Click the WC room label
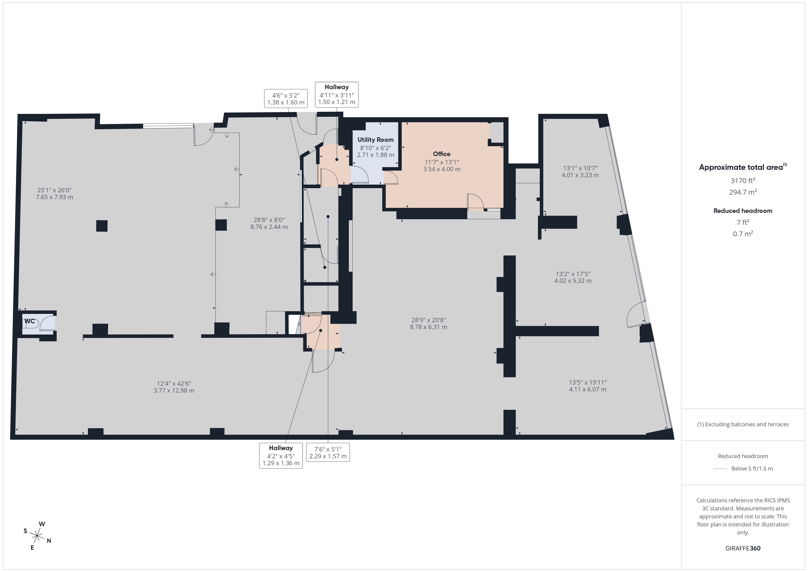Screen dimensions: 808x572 click(30, 321)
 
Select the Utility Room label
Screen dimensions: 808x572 click(376, 140)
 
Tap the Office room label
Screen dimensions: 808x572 click(442, 154)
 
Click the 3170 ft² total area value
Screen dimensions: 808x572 click(743, 180)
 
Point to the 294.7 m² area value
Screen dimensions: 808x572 click(743, 192)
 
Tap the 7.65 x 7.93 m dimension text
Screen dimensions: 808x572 click(55, 197)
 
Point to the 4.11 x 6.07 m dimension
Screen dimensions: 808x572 click(588, 389)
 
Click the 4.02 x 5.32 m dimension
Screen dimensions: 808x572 click(573, 281)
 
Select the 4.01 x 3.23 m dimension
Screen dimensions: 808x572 click(580, 175)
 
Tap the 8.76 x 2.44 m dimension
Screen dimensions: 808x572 click(269, 227)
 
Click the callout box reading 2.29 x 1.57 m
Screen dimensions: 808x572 click(328, 452)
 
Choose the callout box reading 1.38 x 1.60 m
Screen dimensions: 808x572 click(286, 99)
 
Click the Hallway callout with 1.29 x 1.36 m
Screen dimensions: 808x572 click(281, 455)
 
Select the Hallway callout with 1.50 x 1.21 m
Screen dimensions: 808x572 click(337, 94)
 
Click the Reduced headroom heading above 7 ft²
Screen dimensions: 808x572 click(743, 211)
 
